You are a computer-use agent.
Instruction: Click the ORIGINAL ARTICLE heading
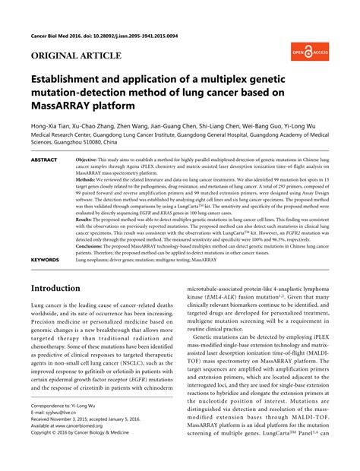(75, 56)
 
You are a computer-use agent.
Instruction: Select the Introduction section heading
(65, 267)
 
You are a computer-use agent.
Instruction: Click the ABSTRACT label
(46, 161)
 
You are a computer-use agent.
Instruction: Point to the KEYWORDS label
(46, 239)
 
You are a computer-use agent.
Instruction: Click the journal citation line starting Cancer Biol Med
(104, 36)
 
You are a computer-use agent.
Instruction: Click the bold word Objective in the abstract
(90, 161)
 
